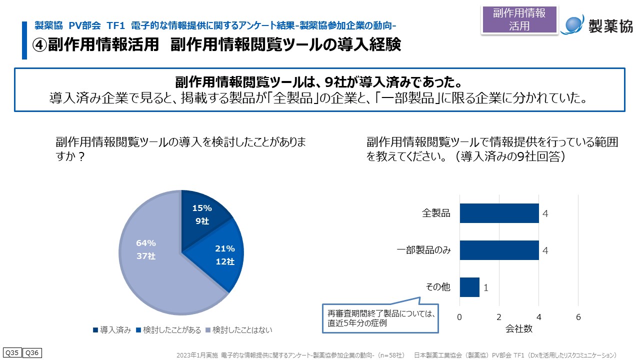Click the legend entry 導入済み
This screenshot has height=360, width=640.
click(x=112, y=330)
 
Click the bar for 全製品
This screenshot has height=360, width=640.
click(x=499, y=213)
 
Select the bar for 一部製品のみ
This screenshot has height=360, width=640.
click(x=499, y=250)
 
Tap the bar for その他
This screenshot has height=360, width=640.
click(x=469, y=287)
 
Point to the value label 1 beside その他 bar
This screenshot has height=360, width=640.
click(x=486, y=288)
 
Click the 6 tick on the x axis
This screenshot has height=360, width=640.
click(x=578, y=317)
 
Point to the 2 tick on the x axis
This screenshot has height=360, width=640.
click(x=499, y=317)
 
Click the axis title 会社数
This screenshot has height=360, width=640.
click(x=518, y=328)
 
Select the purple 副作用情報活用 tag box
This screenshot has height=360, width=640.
click(x=519, y=20)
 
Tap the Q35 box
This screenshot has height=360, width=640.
click(x=12, y=353)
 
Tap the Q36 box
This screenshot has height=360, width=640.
click(x=32, y=353)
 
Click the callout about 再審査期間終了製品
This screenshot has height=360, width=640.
click(x=380, y=318)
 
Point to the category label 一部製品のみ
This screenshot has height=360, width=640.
click(x=424, y=250)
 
